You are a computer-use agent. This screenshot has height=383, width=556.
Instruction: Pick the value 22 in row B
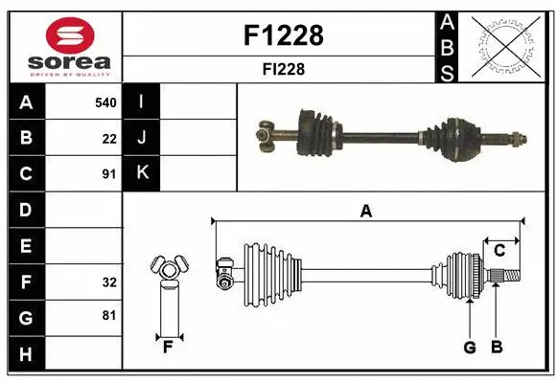(x=109, y=138)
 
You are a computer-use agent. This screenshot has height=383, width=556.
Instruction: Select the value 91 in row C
(x=109, y=174)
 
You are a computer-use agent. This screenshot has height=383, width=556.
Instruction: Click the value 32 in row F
(x=109, y=282)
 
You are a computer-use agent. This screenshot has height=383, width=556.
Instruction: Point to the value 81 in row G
(x=109, y=314)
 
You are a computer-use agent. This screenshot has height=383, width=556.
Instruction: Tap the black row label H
(x=25, y=355)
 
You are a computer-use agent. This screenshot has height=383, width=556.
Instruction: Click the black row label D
(x=25, y=210)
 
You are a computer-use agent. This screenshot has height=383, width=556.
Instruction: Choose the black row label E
(x=25, y=246)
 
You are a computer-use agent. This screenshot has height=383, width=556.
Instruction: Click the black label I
(x=142, y=101)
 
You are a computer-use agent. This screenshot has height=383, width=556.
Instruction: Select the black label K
(x=142, y=173)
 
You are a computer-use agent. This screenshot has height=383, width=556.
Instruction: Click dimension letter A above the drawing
(x=365, y=212)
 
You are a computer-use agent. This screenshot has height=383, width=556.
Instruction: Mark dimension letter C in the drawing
(x=499, y=251)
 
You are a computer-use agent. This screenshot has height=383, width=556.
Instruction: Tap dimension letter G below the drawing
(x=470, y=347)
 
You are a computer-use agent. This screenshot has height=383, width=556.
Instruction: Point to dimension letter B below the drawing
(x=497, y=347)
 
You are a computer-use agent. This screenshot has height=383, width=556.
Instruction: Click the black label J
(x=142, y=138)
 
